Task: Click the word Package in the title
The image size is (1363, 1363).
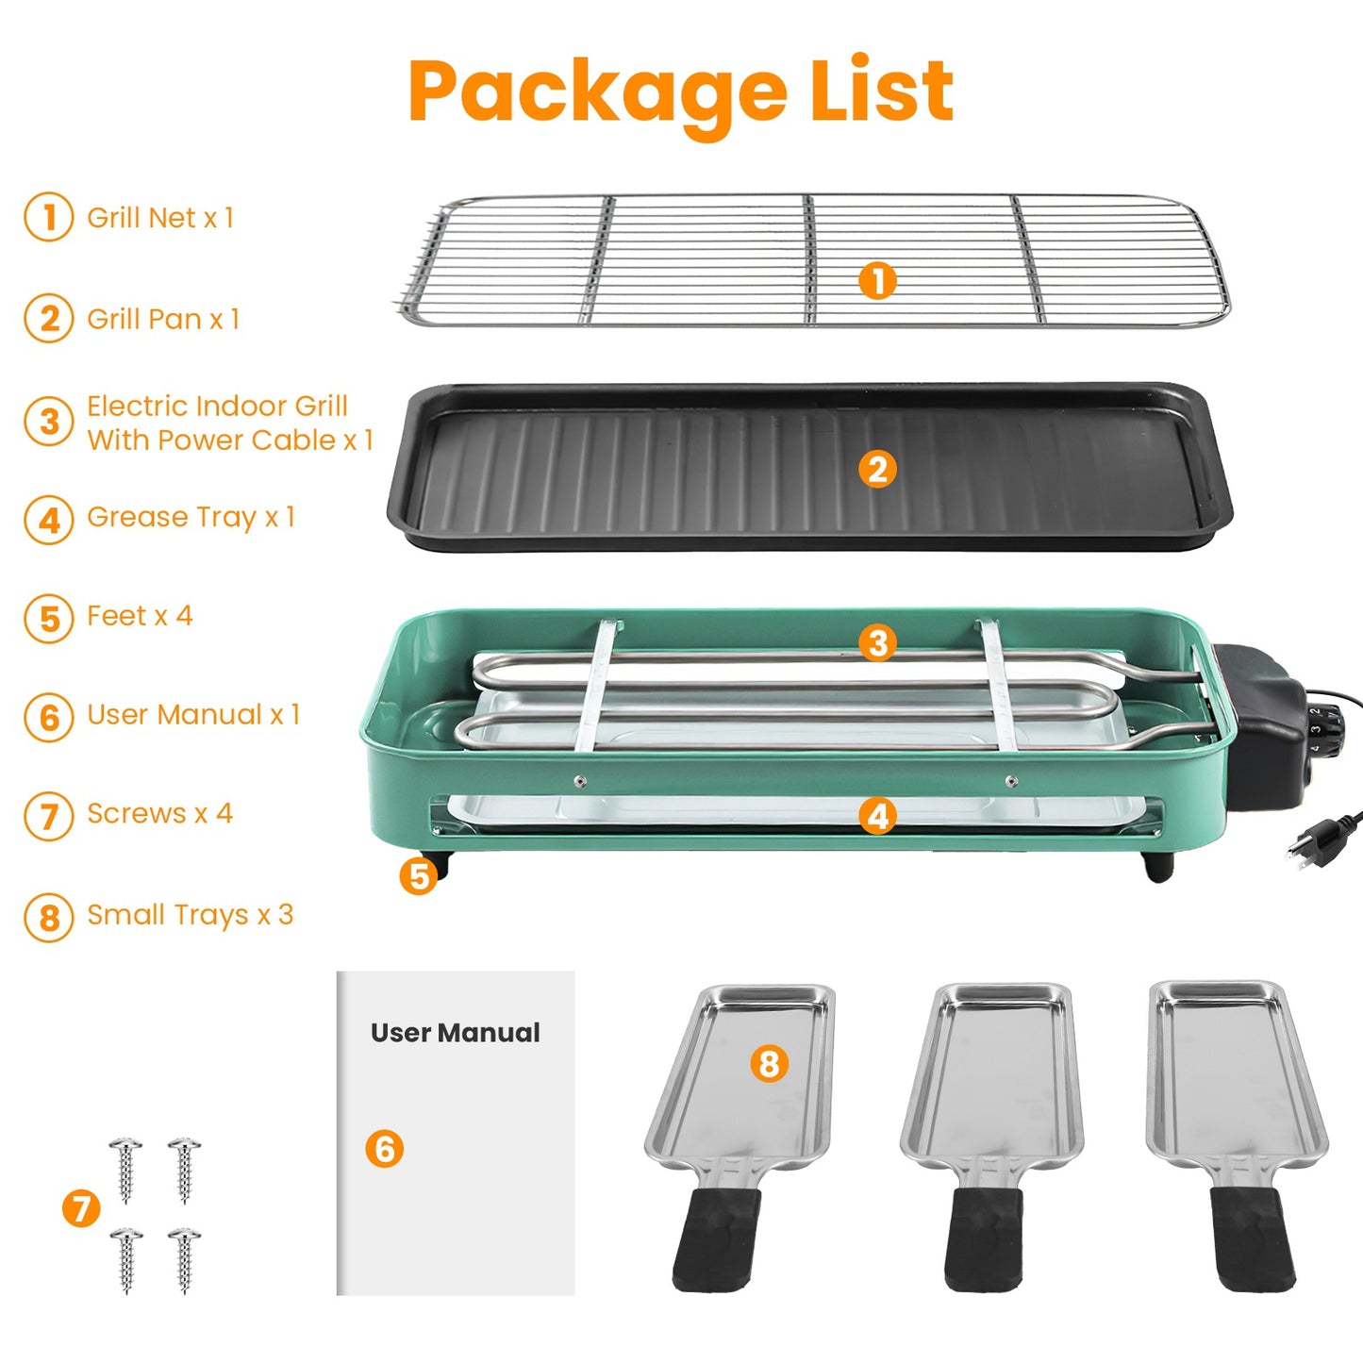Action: (x=596, y=92)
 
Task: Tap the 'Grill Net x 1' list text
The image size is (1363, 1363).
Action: (x=159, y=218)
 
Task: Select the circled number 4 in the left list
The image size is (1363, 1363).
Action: (x=49, y=520)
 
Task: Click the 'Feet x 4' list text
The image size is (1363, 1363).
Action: (x=140, y=616)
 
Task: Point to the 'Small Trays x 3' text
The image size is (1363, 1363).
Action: (x=190, y=915)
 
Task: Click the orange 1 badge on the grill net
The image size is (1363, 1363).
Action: (x=877, y=280)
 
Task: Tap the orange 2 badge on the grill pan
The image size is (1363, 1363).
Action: (x=877, y=469)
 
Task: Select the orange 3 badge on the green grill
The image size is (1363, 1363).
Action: (x=877, y=643)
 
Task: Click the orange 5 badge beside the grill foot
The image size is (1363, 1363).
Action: (x=419, y=876)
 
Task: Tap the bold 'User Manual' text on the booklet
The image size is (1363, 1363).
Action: (x=455, y=1033)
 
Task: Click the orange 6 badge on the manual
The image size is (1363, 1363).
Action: (x=384, y=1149)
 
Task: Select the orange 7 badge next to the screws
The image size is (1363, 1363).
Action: (x=81, y=1208)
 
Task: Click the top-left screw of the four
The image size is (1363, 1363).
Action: (x=125, y=1168)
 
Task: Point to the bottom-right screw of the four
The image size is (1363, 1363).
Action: (x=184, y=1257)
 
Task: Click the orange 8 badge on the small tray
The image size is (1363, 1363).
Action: (x=769, y=1064)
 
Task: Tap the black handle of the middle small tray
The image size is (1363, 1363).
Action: (x=985, y=1238)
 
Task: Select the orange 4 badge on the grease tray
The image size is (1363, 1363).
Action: (x=877, y=816)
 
